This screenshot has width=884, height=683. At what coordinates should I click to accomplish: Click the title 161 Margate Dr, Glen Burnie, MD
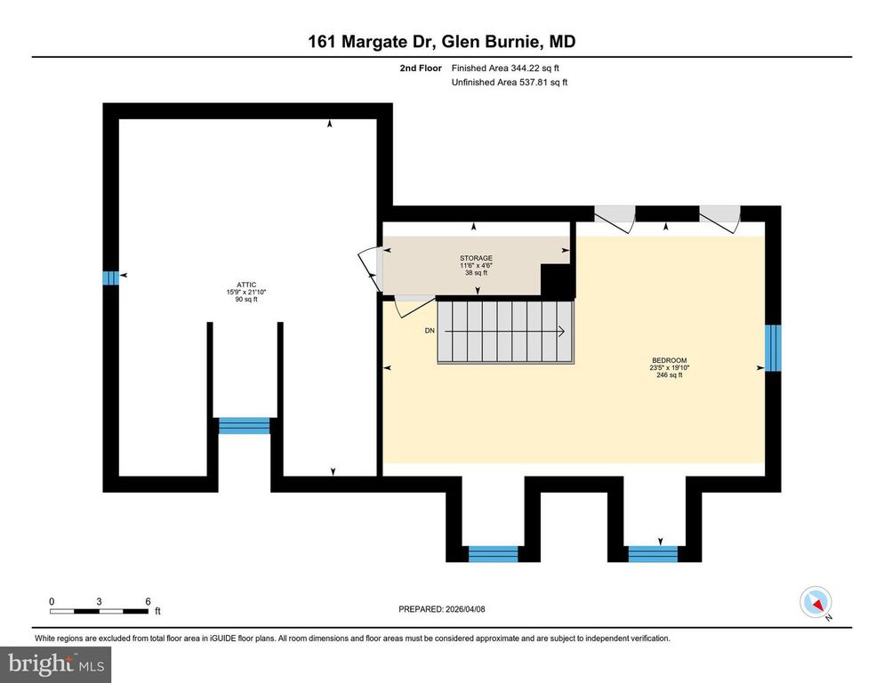tap(442, 42)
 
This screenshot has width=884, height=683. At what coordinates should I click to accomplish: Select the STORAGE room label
tap(477, 265)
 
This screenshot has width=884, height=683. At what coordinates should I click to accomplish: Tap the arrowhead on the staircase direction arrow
tap(562, 332)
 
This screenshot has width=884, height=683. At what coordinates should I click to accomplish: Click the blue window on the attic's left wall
tap(110, 278)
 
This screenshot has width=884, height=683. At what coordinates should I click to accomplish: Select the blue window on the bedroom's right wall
tap(773, 348)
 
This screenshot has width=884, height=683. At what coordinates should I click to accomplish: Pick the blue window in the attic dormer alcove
tap(245, 425)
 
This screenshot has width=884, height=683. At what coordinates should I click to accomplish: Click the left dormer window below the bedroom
tap(493, 554)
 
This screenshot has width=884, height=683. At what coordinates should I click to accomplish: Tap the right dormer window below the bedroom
tap(653, 554)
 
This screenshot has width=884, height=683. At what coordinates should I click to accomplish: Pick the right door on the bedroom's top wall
tap(719, 219)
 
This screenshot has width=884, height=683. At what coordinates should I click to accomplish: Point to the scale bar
tap(99, 610)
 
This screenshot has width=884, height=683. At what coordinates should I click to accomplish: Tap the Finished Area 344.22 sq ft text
tap(505, 68)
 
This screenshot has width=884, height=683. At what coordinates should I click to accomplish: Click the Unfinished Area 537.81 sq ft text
tap(509, 83)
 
